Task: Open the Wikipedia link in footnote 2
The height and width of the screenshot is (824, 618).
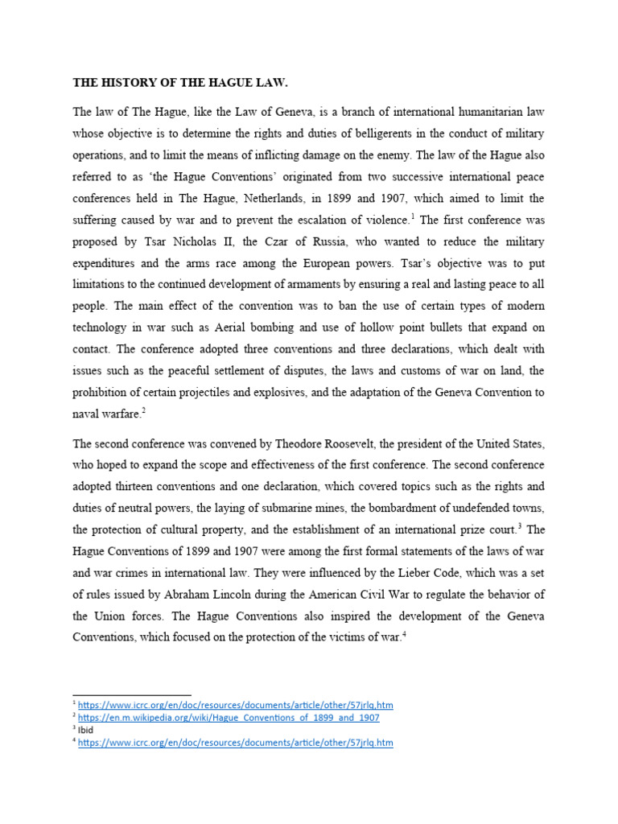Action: click(x=229, y=717)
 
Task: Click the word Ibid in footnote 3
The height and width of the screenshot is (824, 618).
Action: click(x=85, y=730)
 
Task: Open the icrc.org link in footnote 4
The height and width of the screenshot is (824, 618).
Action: click(x=236, y=743)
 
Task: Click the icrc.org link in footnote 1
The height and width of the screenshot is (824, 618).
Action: click(x=236, y=705)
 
